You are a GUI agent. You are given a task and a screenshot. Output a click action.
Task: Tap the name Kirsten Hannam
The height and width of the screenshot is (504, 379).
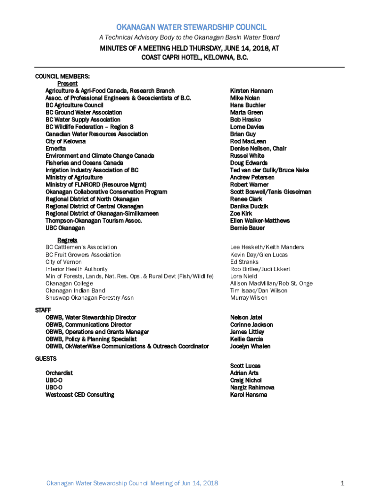[x=251, y=91]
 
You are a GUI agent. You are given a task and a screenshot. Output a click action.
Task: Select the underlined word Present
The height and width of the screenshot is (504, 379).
[x=67, y=84]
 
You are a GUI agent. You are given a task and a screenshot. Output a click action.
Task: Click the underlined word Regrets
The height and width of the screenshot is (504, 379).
[x=67, y=240]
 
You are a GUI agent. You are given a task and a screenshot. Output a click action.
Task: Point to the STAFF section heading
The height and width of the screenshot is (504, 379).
[x=42, y=311]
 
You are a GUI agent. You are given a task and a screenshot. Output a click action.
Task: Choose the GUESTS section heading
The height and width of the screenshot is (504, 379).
[x=45, y=359]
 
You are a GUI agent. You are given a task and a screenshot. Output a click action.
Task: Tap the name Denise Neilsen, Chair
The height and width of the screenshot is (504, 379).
[x=258, y=149]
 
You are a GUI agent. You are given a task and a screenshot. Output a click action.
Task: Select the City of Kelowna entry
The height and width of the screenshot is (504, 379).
[x=65, y=141]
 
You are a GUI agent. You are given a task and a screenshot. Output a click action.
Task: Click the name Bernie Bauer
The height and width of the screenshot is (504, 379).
[x=247, y=228]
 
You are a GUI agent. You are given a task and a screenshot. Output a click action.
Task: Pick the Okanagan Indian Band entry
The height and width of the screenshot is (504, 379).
[x=75, y=290]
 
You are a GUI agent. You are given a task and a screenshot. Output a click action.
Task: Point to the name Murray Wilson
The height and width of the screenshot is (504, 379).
[x=249, y=298]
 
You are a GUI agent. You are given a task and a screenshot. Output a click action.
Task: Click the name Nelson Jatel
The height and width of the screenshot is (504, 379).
[x=246, y=317]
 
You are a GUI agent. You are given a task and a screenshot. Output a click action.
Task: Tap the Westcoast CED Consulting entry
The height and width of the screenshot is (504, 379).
[x=80, y=395]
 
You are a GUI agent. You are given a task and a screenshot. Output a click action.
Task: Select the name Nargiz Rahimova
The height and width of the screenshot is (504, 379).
[x=252, y=387]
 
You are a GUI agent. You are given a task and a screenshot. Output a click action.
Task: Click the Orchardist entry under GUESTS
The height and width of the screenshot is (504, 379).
[x=59, y=373]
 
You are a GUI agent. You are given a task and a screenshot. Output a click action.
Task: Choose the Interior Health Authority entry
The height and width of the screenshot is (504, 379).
[x=76, y=269]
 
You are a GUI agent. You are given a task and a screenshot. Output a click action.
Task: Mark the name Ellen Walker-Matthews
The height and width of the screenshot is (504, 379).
[x=260, y=221]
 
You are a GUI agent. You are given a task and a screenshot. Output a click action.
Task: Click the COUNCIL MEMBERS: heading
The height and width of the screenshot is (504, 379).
[x=62, y=77]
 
